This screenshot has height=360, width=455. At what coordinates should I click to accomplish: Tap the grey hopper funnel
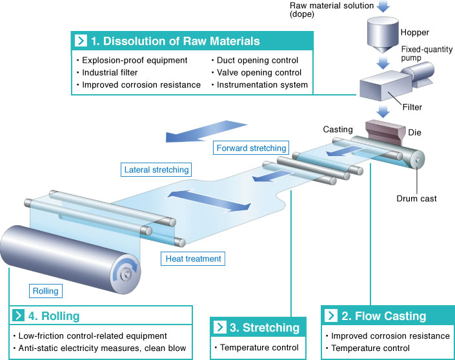coord(383,35)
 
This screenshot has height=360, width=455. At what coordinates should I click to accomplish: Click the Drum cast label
coord(416,199)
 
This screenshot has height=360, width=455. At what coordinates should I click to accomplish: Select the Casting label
coord(338,130)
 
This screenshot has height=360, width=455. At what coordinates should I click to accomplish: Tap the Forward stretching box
coord(251,148)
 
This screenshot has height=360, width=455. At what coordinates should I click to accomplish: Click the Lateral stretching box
coord(156,170)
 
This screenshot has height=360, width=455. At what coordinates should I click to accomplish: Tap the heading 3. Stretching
coord(265,327)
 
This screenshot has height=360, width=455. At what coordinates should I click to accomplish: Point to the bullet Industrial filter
coord(110,72)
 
